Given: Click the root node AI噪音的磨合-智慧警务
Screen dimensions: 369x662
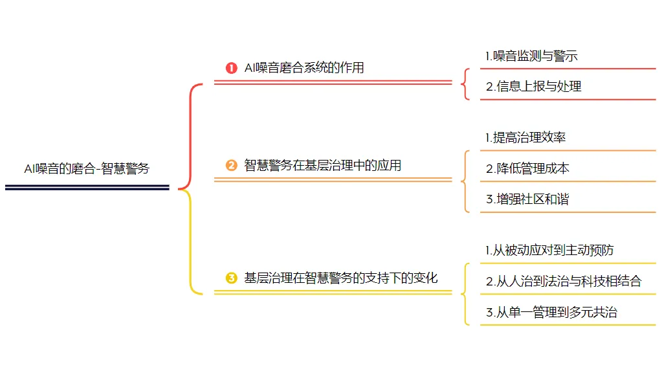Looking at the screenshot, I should click(87, 169).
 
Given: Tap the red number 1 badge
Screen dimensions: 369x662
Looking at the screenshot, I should click(231, 68).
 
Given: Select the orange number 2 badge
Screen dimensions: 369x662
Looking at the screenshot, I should click(231, 166).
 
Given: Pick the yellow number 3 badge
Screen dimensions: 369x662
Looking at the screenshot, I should click(231, 278).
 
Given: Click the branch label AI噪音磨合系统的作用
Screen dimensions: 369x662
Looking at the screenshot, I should click(303, 68).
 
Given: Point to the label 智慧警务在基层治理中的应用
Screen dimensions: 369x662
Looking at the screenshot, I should click(322, 166).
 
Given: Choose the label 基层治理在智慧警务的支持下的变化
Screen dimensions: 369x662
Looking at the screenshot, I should click(340, 278).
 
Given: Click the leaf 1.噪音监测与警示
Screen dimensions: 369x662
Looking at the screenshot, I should click(531, 56).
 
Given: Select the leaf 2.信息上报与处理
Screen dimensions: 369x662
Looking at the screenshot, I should click(533, 87).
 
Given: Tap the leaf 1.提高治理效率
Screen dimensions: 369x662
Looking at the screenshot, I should click(525, 137).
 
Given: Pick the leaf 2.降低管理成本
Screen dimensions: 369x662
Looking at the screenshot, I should click(527, 168).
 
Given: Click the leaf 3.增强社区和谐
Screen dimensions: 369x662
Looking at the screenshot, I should click(527, 199).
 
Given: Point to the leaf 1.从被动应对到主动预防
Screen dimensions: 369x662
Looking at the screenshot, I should click(549, 250).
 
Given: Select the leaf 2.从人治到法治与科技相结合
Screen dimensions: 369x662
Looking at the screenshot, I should click(564, 281).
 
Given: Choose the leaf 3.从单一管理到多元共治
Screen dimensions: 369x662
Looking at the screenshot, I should click(551, 312).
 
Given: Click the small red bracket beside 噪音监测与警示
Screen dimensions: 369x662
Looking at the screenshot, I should click(466, 84).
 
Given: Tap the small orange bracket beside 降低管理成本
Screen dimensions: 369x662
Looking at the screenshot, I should click(466, 181).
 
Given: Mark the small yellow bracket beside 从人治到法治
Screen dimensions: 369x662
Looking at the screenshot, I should click(466, 293).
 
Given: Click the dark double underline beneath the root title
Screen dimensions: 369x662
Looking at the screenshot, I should click(87, 188).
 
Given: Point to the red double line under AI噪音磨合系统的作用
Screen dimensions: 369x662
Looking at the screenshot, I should click(333, 83).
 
